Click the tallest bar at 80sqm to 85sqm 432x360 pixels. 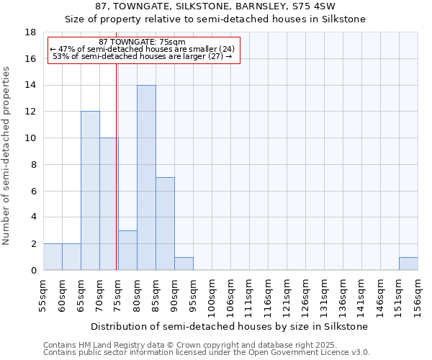(146, 178)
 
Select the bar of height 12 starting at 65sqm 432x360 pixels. (90, 191)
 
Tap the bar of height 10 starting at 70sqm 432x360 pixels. (109, 204)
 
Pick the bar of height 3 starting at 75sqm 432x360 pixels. (127, 250)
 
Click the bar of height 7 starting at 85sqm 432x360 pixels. (165, 224)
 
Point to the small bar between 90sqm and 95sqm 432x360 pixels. (184, 264)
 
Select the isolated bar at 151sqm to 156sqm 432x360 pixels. (408, 264)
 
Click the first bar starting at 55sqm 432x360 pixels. (53, 257)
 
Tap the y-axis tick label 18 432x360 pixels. (31, 32)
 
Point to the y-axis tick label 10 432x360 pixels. (31, 138)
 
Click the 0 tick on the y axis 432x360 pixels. (34, 270)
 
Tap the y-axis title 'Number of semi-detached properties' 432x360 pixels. (6, 156)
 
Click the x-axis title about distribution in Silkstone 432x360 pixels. (230, 326)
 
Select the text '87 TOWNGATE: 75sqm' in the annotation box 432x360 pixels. (142, 42)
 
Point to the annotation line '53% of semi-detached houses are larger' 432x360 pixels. (143, 56)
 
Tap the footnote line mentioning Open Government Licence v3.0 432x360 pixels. (207, 353)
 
